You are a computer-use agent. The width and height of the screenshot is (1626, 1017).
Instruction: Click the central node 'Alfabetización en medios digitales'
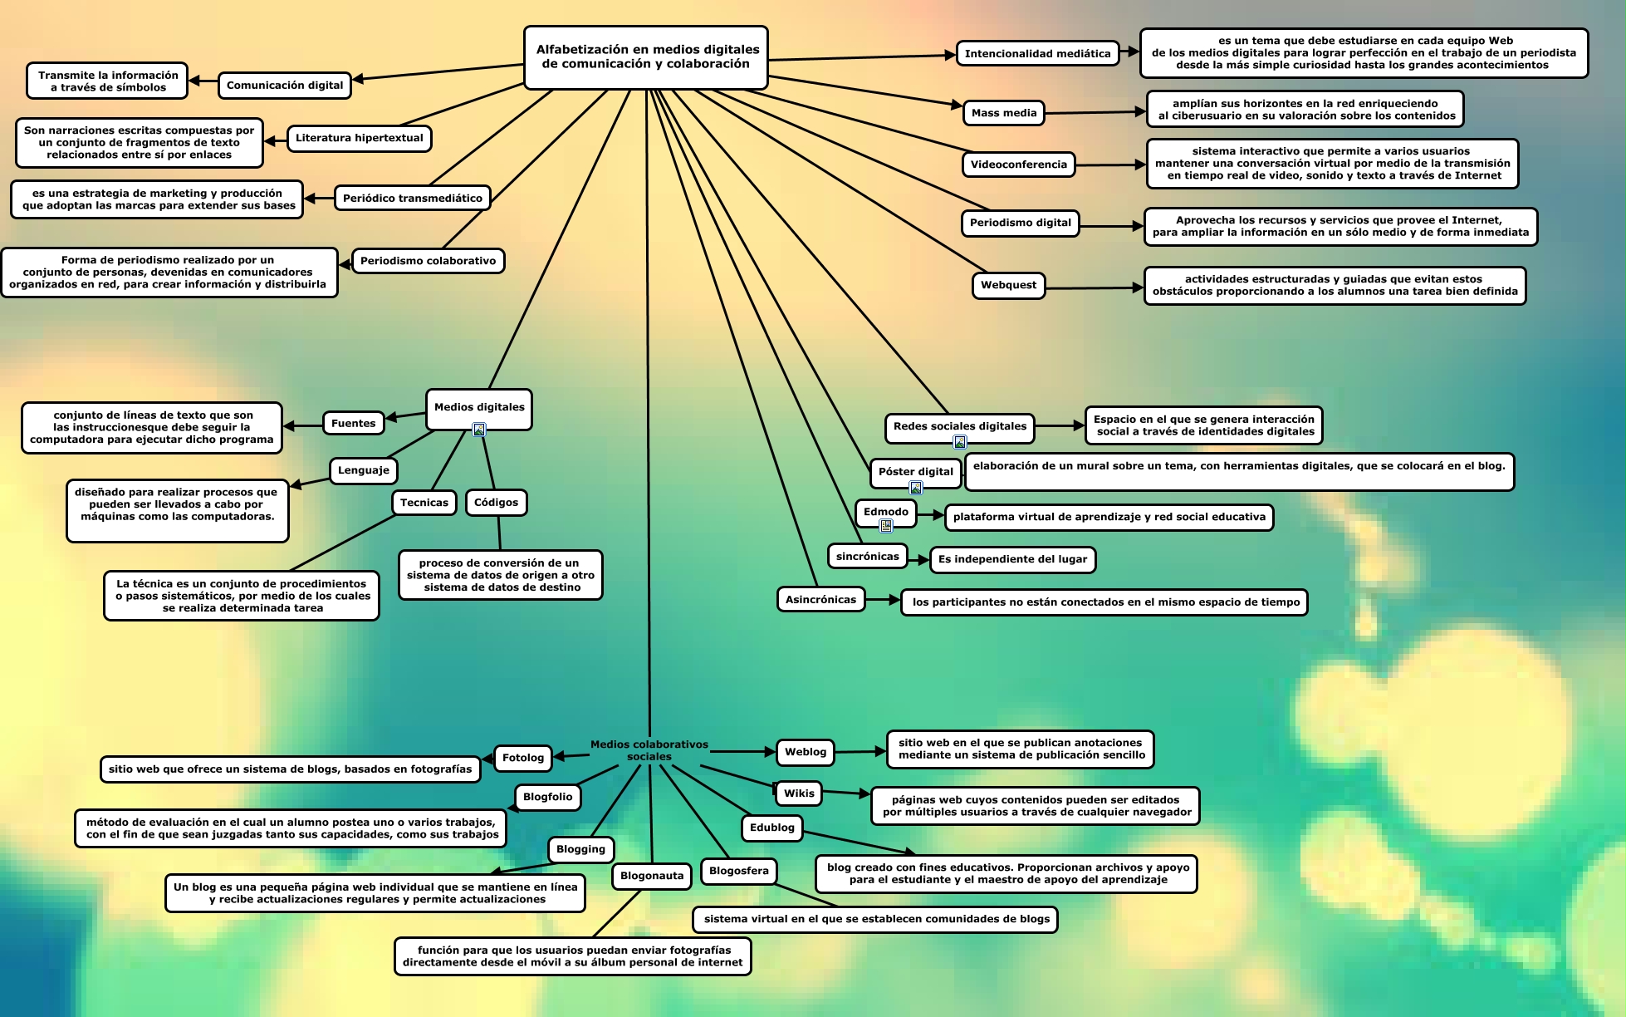pyautogui.click(x=646, y=56)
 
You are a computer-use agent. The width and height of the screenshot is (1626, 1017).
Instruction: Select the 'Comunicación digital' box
pyautogui.click(x=284, y=85)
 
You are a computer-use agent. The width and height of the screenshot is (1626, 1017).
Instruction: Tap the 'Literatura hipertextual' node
pyautogui.click(x=359, y=138)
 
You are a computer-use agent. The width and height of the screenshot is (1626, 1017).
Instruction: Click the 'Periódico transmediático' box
pyautogui.click(x=412, y=198)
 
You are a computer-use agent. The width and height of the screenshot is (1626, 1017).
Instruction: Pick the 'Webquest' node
pyautogui.click(x=1008, y=285)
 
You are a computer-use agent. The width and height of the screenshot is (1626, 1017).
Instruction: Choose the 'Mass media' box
pyautogui.click(x=1003, y=113)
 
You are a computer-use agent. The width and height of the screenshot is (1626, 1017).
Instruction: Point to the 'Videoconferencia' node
pyautogui.click(x=1018, y=165)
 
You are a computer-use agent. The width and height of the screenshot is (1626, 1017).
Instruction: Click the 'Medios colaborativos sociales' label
pyautogui.click(x=649, y=750)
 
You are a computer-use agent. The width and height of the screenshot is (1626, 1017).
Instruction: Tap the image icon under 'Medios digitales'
pyautogui.click(x=479, y=430)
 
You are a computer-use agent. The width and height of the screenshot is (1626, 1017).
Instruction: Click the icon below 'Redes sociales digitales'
pyautogui.click(x=960, y=442)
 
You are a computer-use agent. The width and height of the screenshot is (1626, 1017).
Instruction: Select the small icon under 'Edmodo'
pyautogui.click(x=886, y=526)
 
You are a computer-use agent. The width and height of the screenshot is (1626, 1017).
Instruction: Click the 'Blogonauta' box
pyautogui.click(x=652, y=876)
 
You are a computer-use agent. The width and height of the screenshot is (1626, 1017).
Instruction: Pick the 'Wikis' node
pyautogui.click(x=799, y=793)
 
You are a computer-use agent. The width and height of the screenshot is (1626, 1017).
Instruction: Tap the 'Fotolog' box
pyautogui.click(x=522, y=758)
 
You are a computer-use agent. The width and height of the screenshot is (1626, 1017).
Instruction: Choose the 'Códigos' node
pyautogui.click(x=496, y=503)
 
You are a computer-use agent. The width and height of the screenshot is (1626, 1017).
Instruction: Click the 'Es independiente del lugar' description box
pyautogui.click(x=1012, y=559)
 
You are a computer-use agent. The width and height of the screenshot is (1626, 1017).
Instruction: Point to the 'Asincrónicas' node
pyautogui.click(x=820, y=599)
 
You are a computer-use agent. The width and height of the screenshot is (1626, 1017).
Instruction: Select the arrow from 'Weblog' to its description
pyautogui.click(x=861, y=752)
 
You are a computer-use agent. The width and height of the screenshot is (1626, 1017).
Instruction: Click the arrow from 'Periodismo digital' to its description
pyautogui.click(x=1111, y=226)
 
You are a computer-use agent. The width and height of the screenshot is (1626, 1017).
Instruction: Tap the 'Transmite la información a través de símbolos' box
pyautogui.click(x=108, y=81)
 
